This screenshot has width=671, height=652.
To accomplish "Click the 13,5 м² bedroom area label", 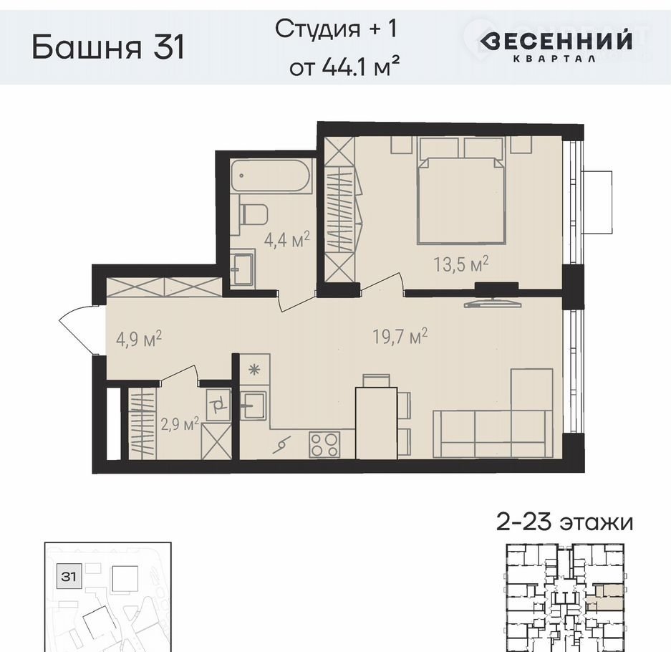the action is click(461, 264).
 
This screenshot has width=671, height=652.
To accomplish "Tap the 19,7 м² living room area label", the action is click(400, 336).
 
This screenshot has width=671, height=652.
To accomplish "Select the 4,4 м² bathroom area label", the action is click(286, 240).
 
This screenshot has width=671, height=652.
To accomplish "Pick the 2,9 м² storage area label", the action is click(180, 425).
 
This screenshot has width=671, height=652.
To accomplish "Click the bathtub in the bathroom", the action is click(270, 176).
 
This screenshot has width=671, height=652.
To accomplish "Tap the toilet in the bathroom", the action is click(253, 214).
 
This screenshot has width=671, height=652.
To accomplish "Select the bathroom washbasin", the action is click(242, 268).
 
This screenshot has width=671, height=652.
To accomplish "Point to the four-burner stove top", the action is click(325, 444).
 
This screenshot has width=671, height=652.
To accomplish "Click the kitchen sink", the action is click(253, 405).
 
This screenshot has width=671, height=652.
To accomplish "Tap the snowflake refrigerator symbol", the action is click(254, 369).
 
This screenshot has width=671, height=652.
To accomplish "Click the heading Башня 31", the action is click(108, 47).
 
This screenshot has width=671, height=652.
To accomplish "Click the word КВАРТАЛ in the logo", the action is click(554, 59).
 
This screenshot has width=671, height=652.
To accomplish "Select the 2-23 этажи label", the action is click(564, 523).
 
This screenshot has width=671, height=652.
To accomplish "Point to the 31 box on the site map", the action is click(68, 577).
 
